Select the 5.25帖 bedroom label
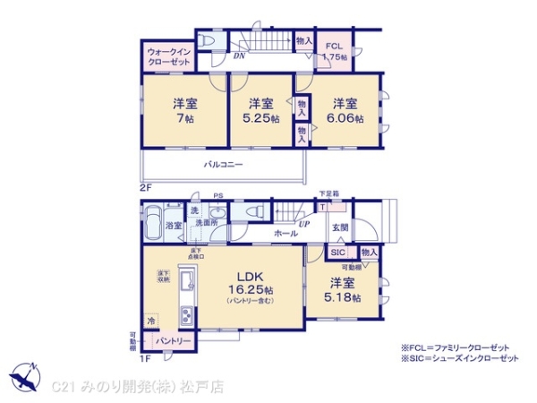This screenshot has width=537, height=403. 260,110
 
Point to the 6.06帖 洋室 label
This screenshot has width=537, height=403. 345,110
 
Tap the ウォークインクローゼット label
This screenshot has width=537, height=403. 167,57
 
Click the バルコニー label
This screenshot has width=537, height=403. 223,165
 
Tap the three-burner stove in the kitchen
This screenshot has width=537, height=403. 187,315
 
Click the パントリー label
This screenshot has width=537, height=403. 173,342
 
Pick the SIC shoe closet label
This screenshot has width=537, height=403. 337,253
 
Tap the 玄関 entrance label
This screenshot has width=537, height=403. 341,227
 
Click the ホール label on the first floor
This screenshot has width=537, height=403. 286,233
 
